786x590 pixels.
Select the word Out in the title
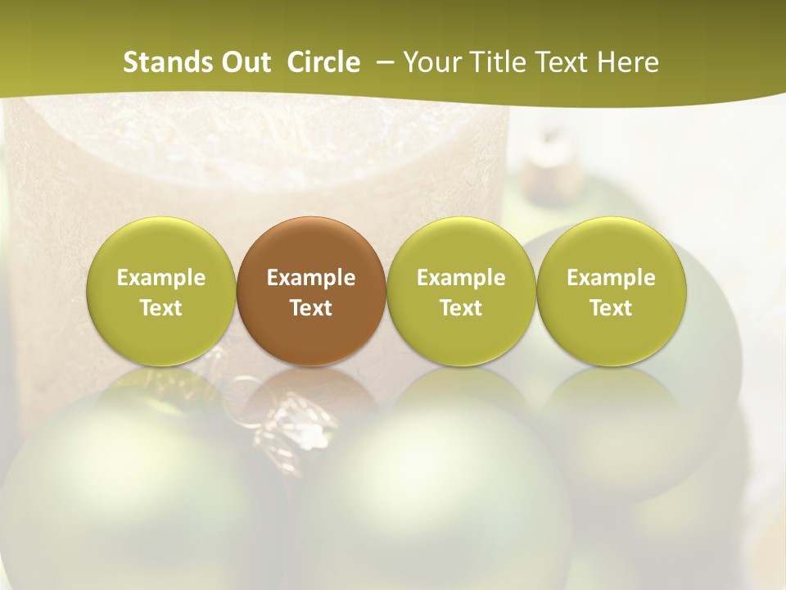click(x=243, y=62)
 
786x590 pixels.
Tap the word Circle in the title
click(x=323, y=62)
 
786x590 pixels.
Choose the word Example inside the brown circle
click(x=311, y=278)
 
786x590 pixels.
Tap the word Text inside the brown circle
click(x=311, y=308)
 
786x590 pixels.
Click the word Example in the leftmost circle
click(x=160, y=278)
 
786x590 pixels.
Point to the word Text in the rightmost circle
click(x=612, y=308)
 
